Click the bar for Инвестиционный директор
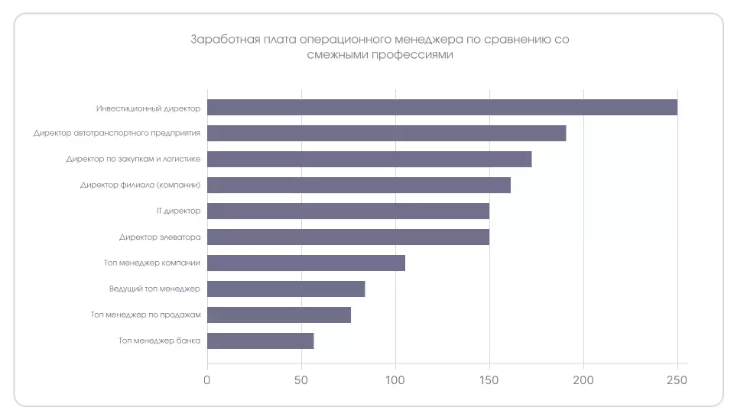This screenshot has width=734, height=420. [442, 107]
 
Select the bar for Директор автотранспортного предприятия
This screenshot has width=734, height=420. [386, 133]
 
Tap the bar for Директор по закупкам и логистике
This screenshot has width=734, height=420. [369, 159]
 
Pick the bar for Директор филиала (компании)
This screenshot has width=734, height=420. [359, 185]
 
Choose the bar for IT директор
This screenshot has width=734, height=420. [348, 211]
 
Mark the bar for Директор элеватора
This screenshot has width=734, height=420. [348, 237]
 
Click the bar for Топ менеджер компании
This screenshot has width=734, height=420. [306, 263]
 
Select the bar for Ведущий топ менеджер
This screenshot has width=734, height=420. [286, 289]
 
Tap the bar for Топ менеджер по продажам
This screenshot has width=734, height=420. [279, 315]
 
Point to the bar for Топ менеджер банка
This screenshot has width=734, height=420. [260, 341]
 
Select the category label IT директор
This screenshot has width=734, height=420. [177, 211]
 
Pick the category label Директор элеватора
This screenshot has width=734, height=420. [160, 237]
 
